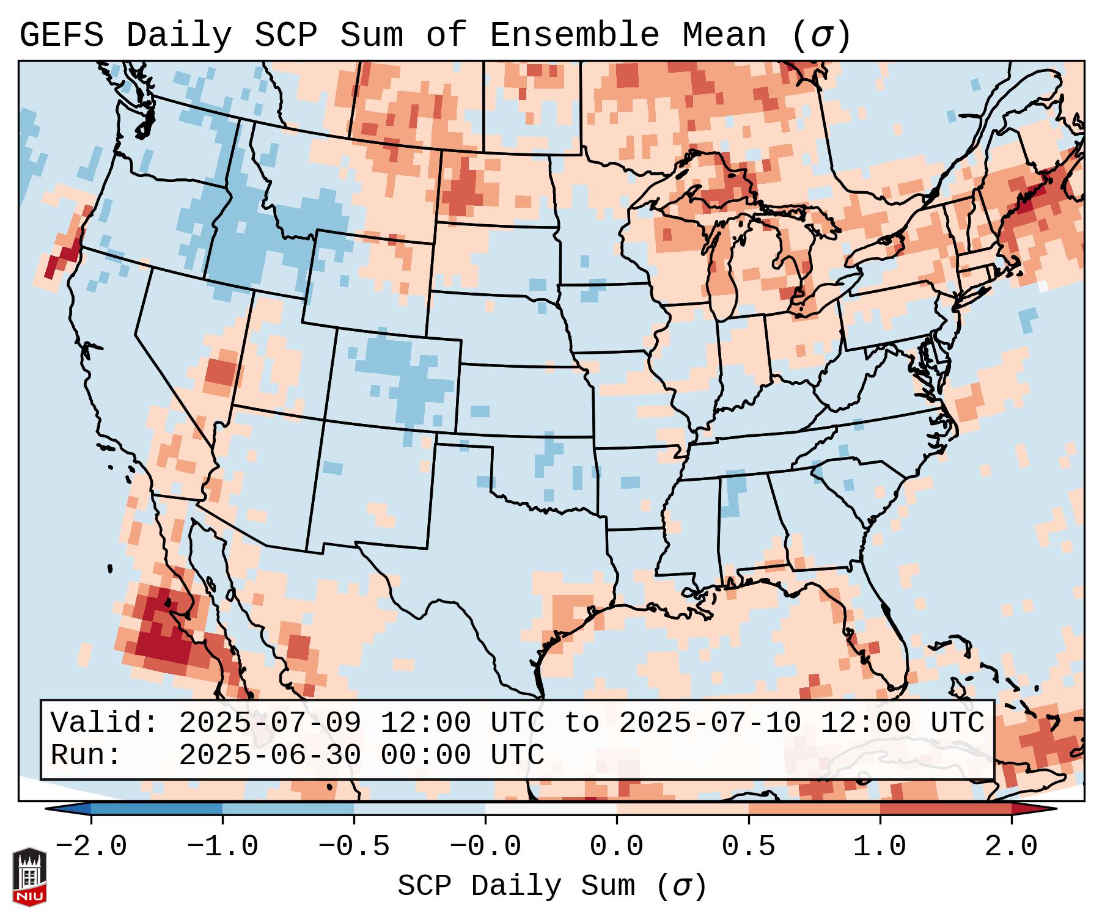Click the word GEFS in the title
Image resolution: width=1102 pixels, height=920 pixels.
point(61,35)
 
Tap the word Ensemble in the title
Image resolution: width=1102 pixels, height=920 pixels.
point(575,35)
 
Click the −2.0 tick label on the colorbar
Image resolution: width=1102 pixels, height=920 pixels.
point(91,847)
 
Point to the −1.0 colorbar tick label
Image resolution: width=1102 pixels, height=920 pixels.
point(222,847)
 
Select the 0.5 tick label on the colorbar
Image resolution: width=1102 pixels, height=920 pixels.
point(749,847)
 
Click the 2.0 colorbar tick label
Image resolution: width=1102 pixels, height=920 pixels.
point(1012,847)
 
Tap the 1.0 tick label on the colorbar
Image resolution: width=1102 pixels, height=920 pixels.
point(880,847)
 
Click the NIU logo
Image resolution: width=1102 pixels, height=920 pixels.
point(29,877)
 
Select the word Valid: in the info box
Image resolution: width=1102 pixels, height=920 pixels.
point(105,723)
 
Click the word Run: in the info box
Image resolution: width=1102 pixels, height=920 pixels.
point(86,756)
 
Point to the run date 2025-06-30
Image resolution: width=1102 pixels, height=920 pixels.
point(270,756)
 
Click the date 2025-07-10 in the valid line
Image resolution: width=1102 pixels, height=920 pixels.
point(710,723)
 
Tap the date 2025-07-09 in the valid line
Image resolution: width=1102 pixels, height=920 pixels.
point(270,723)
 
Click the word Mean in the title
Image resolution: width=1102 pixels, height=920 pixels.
point(724,35)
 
